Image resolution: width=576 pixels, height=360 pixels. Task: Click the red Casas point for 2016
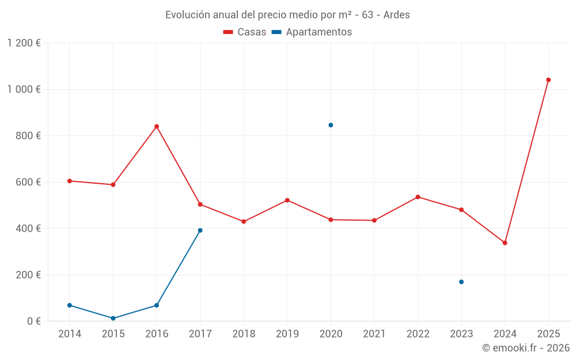[x=157, y=127]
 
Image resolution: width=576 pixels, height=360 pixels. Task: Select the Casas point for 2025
[x=548, y=80]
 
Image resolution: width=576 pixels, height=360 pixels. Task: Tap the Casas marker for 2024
[x=505, y=243]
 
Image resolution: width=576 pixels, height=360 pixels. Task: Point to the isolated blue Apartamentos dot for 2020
[x=331, y=125]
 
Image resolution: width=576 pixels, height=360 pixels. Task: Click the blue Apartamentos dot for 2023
[x=461, y=282]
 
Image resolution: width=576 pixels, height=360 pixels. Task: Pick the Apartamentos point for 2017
[x=200, y=230]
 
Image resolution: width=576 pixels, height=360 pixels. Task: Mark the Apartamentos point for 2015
[x=113, y=318]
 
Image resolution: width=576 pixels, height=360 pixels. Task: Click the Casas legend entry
[x=245, y=32]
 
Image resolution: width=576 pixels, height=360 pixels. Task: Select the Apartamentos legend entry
[x=312, y=32]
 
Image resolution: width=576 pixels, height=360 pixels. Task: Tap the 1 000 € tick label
[x=24, y=89]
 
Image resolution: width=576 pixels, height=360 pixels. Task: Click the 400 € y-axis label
[x=29, y=229]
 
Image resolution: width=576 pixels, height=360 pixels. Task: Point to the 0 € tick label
[x=33, y=321]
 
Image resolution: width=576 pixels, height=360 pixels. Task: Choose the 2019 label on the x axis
[x=287, y=334]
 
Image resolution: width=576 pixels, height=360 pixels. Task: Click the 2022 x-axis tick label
[x=418, y=334]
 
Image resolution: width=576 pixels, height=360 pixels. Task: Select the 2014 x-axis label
[x=70, y=334]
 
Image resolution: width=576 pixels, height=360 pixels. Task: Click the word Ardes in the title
[x=396, y=15]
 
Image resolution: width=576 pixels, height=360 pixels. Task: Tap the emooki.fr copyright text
[x=525, y=348]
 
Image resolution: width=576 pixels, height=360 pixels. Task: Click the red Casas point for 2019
[x=287, y=200]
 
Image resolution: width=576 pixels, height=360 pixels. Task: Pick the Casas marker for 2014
[x=70, y=181]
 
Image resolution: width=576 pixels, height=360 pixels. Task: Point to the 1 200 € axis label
[x=24, y=43]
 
